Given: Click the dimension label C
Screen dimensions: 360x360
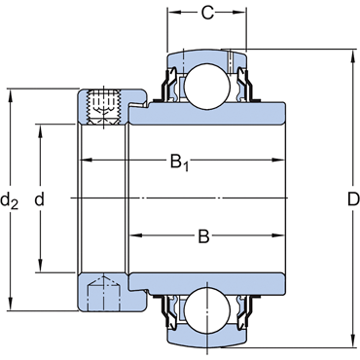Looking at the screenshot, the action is pyautogui.click(x=207, y=13).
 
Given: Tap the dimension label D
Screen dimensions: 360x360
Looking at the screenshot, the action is pyautogui.click(x=353, y=199).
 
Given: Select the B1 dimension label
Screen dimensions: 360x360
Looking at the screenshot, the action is pyautogui.click(x=179, y=162).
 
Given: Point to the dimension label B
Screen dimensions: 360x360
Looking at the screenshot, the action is pyautogui.click(x=203, y=236).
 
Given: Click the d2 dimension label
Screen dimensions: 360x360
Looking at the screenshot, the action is pyautogui.click(x=9, y=200).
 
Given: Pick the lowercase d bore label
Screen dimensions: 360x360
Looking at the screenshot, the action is pyautogui.click(x=39, y=199).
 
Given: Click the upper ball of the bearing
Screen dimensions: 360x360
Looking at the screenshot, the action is pyautogui.click(x=207, y=86).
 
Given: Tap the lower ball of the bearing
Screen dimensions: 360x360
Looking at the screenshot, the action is pyautogui.click(x=207, y=310).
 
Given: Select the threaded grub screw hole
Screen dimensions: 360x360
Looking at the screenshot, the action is pyautogui.click(x=103, y=107).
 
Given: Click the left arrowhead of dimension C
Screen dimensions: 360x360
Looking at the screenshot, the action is pyautogui.click(x=174, y=13).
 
